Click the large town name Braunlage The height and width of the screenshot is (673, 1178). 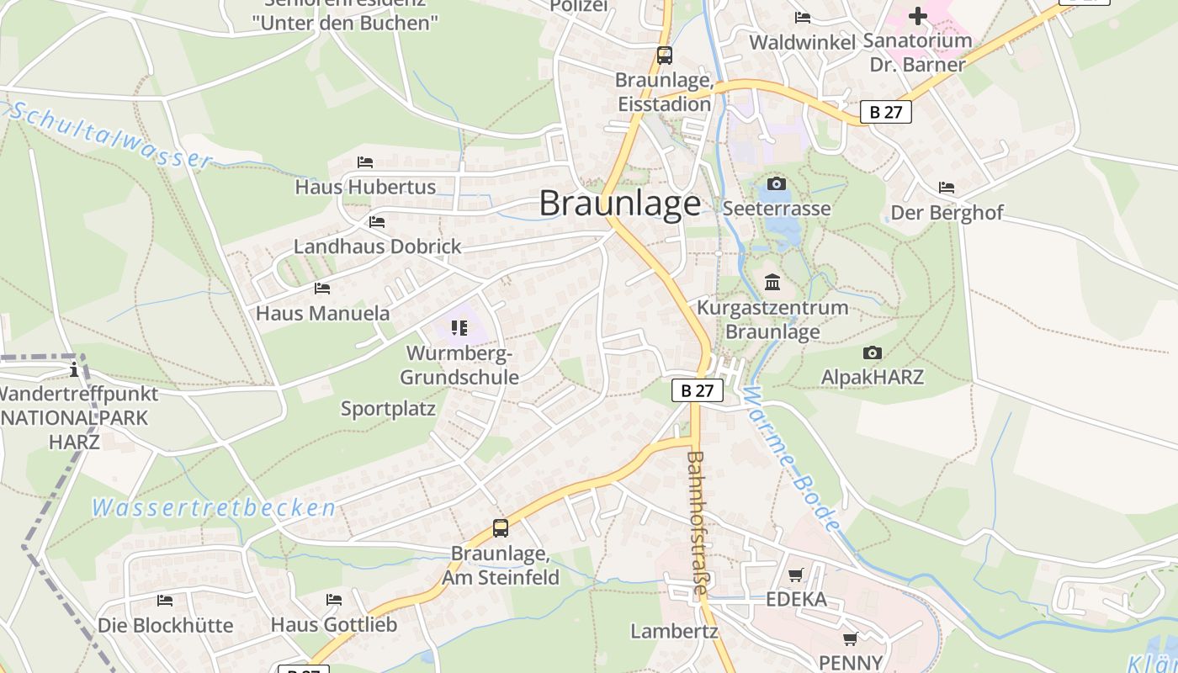coord(619,204)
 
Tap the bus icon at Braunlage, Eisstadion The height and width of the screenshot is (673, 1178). coord(665,56)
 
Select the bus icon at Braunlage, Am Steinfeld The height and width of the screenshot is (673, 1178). coord(501,528)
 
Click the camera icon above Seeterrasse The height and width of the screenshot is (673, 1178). coord(776,183)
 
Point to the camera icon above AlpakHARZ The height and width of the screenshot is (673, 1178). coord(873,352)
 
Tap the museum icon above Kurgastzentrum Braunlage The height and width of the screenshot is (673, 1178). coord(772,282)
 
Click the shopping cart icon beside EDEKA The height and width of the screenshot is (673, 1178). coord(796,575)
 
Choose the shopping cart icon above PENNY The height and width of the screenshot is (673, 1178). coord(851,639)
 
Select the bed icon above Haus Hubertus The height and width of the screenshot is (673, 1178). coord(365,162)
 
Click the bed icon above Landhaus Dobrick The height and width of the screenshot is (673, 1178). coord(377,222)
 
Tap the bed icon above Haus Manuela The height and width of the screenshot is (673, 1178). coord(322,289)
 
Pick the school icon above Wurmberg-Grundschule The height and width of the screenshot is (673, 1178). coord(459,327)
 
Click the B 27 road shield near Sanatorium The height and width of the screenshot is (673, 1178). coord(886,111)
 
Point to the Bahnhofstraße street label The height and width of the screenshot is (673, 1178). coord(697,522)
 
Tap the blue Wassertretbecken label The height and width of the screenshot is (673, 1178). coord(214,508)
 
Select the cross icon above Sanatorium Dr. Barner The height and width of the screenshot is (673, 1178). coord(918,15)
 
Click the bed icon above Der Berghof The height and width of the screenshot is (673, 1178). coord(947,188)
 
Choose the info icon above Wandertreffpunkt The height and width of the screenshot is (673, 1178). coord(74,368)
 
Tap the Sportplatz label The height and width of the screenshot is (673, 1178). coord(388,409)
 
